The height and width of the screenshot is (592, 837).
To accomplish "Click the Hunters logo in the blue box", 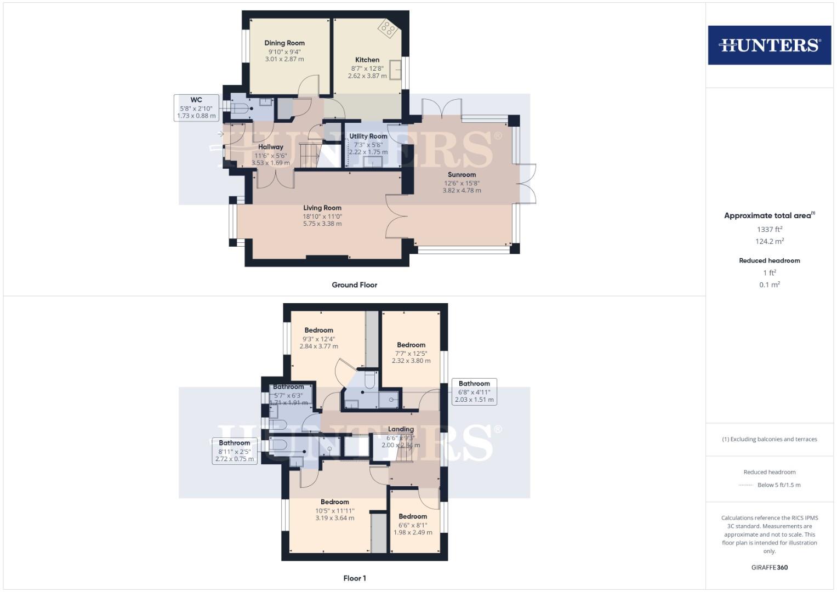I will pyautogui.click(x=769, y=45).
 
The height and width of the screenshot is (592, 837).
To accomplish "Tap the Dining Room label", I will pyautogui.click(x=284, y=43).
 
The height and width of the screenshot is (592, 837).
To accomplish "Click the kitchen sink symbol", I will pyautogui.click(x=395, y=70).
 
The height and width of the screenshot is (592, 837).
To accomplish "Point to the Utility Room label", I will pyautogui.click(x=368, y=136).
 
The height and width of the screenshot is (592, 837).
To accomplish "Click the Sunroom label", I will pyautogui.click(x=462, y=175).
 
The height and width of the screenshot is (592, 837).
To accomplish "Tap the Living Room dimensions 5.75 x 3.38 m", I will pyautogui.click(x=322, y=224).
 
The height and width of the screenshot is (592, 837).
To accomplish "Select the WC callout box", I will pyautogui.click(x=196, y=107).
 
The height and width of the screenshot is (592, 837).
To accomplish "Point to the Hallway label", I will pyautogui.click(x=271, y=147).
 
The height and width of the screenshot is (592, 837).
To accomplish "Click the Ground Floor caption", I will pyautogui.click(x=354, y=285).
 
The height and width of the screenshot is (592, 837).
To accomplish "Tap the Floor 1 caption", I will pyautogui.click(x=355, y=578).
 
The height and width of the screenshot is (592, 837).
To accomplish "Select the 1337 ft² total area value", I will pyautogui.click(x=769, y=230).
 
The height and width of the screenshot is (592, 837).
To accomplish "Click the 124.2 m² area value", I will pyautogui.click(x=769, y=241).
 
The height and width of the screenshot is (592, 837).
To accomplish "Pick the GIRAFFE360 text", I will pyautogui.click(x=769, y=567).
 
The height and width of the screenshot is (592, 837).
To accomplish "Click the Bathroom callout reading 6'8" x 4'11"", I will pyautogui.click(x=474, y=391).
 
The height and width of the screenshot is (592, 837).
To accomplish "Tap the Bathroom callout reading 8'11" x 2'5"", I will pyautogui.click(x=235, y=451).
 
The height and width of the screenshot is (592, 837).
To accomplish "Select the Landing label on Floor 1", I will pyautogui.click(x=401, y=429).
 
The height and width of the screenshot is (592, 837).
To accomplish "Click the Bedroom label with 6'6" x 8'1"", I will pyautogui.click(x=413, y=516).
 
